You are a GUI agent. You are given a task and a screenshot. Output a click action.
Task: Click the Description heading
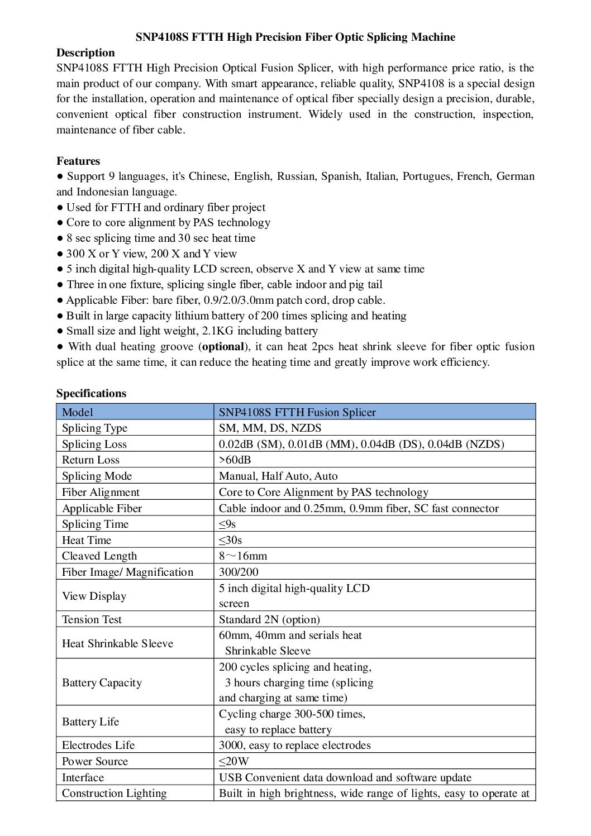pyautogui.click(x=85, y=53)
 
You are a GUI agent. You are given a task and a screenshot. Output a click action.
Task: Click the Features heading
pyautogui.click(x=78, y=161)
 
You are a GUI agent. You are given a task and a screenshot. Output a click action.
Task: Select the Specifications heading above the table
pyautogui.click(x=91, y=394)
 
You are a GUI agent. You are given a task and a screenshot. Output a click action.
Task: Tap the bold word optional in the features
pyautogui.click(x=223, y=347)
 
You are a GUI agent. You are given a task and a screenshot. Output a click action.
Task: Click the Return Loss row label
pyautogui.click(x=90, y=460)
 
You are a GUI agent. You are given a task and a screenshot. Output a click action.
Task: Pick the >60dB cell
pyautogui.click(x=235, y=460)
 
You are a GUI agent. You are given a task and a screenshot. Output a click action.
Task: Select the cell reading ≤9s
pyautogui.click(x=227, y=524)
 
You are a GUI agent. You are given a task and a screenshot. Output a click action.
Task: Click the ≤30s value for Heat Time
pyautogui.click(x=230, y=541)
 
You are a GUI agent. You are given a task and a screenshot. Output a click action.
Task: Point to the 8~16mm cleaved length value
pyautogui.click(x=243, y=556)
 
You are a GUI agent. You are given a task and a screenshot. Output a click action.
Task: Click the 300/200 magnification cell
pyautogui.click(x=239, y=572)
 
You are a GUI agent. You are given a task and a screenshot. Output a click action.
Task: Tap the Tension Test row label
pyautogui.click(x=92, y=620)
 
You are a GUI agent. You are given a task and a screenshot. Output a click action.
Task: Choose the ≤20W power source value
pyautogui.click(x=233, y=762)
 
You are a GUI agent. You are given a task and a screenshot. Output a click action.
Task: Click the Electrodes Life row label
pyautogui.click(x=98, y=746)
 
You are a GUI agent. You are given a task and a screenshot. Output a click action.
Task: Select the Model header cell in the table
pyautogui.click(x=78, y=413)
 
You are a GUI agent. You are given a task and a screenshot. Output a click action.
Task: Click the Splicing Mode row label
pyautogui.click(x=97, y=476)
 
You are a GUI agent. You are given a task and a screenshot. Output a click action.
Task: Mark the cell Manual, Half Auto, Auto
pyautogui.click(x=278, y=476)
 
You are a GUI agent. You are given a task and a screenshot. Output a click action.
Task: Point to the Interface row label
pyautogui.click(x=83, y=778)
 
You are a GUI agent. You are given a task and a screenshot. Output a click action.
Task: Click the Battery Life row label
pyautogui.click(x=90, y=722)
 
